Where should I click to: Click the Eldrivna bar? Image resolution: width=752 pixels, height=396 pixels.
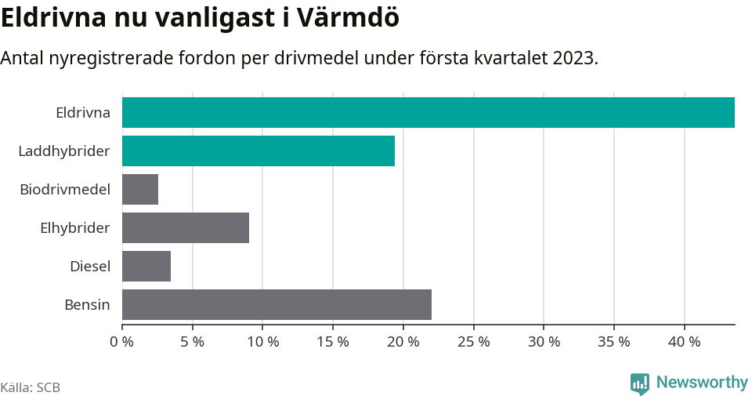pos(428,112)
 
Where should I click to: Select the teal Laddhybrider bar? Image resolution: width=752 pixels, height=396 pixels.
pos(258,151)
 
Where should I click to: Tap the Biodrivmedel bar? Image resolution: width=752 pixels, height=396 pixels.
pos(140,189)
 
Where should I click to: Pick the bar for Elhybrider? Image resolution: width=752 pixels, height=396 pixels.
pos(185,227)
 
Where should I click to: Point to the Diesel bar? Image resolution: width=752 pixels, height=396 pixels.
pos(146,266)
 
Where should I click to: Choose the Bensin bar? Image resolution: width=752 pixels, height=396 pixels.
pos(277,304)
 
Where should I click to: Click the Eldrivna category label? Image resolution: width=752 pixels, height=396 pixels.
pos(83,112)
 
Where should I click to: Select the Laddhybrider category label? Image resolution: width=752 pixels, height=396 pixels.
pos(64,151)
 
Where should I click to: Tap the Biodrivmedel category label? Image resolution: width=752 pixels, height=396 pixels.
pos(65,189)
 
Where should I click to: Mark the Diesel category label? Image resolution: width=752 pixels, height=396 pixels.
pos(90,266)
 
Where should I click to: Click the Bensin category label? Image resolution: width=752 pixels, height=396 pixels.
pos(87,304)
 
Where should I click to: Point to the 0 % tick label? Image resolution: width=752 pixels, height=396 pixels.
pos(122,342)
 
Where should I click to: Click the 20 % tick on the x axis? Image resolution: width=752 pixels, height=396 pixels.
pos(403,342)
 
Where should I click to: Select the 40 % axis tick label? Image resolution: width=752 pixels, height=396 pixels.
pos(685,342)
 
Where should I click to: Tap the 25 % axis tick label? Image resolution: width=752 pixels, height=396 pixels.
pos(474,342)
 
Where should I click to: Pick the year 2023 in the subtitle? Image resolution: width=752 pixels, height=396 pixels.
pos(574,58)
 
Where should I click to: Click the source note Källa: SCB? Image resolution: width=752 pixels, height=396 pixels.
pos(31,387)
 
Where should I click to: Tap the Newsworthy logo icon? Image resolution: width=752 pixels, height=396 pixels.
pos(640,383)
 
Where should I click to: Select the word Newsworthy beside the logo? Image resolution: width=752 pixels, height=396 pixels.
pos(702,383)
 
